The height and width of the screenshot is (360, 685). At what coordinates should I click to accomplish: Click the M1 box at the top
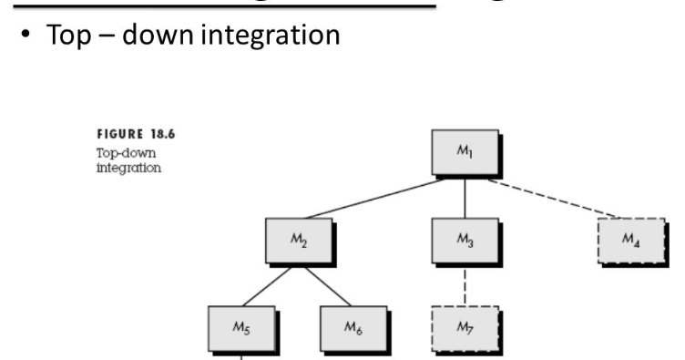[465, 153]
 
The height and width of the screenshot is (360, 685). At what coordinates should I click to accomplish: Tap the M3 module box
[465, 240]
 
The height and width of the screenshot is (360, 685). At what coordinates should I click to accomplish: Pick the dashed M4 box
[629, 240]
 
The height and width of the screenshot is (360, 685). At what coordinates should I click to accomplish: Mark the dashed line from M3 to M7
[465, 284]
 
